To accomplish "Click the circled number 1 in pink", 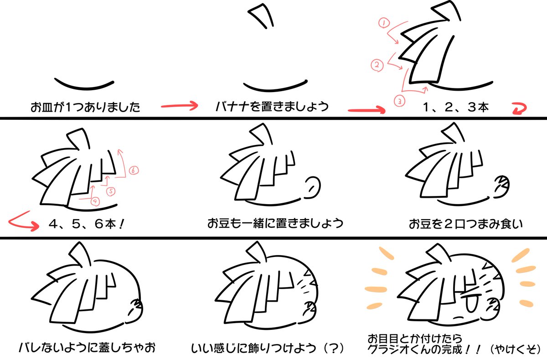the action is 383,22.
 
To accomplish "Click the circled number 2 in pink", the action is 377,65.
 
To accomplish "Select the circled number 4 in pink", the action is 95,200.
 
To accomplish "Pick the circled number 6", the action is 133,171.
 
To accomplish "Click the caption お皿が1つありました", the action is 85,108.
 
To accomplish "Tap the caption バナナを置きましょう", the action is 272,108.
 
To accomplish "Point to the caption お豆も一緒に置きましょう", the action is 275,224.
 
